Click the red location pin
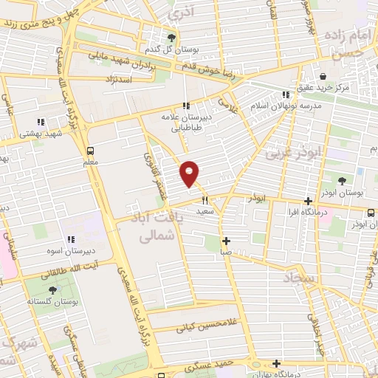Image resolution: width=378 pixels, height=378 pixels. [x=190, y=173]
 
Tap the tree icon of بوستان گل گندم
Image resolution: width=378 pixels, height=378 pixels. [x=172, y=38]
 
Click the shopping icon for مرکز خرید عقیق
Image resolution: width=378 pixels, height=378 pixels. [x=323, y=76]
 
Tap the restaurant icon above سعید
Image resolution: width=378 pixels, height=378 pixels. [x=205, y=199]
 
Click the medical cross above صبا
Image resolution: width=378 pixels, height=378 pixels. [x=226, y=241]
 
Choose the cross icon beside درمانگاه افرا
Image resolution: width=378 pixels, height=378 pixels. [x=308, y=201]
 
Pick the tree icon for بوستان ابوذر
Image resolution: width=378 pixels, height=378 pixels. [x=342, y=179]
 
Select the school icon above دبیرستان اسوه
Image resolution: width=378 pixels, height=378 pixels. [x=71, y=238]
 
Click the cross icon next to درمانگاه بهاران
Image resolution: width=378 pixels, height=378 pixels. [x=276, y=363]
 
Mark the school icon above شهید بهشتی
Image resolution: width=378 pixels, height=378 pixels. [x=41, y=122]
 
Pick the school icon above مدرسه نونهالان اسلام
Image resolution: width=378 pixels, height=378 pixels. [x=285, y=94]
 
